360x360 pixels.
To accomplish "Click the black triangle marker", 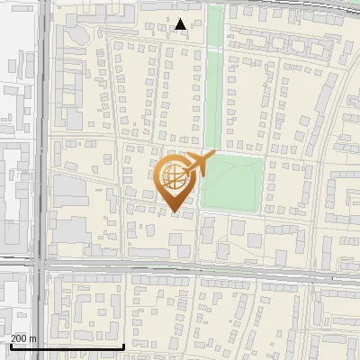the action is coord(181,25).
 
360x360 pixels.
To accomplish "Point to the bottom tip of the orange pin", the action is coord(174,213).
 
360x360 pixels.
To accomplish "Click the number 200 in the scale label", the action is coord(19,338).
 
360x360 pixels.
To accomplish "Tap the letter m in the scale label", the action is coord(33,338).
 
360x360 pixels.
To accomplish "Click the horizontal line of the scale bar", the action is coord(67,346).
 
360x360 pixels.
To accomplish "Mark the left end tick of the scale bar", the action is coord(10,344).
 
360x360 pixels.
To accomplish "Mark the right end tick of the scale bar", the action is coord(123,344).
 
